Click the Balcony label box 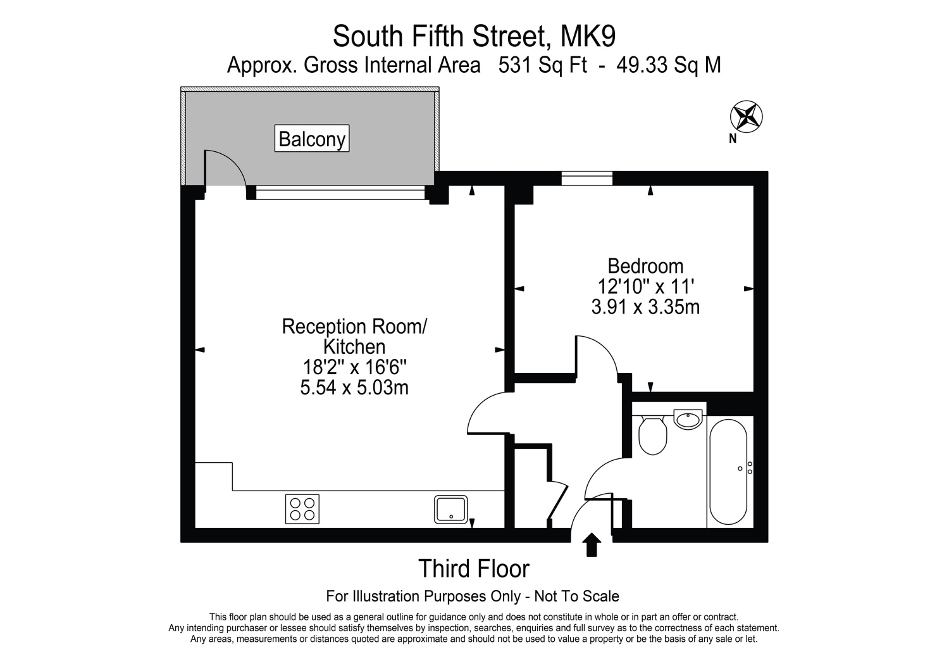tap(312, 139)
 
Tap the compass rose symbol tap(747, 116)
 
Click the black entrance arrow tap(592, 544)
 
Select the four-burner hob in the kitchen tap(302, 508)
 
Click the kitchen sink tap(450, 508)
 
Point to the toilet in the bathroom tap(652, 435)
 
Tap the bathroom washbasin tap(688, 418)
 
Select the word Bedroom tap(645, 266)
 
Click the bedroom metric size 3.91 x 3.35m tap(645, 308)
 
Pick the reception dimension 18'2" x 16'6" tap(354, 367)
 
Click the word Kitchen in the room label tap(354, 347)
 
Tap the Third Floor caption tap(474, 568)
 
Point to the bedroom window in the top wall tap(587, 179)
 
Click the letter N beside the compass tap(733, 139)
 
